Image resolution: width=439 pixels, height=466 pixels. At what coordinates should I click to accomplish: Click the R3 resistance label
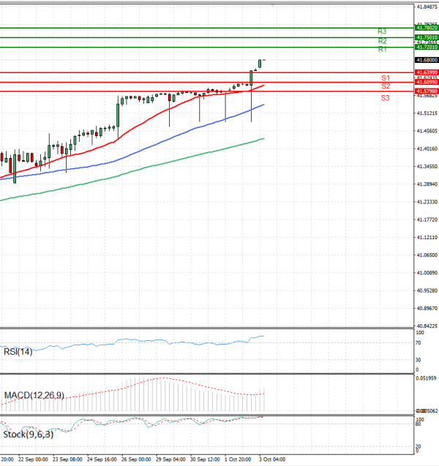pos(382,31)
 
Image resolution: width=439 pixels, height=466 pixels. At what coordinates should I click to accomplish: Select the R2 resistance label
pos(382,41)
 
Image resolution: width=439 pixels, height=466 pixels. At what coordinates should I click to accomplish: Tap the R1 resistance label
pos(382,50)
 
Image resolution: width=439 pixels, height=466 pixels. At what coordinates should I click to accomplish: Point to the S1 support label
pos(385,78)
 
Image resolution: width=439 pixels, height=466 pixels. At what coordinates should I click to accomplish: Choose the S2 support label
pos(385,86)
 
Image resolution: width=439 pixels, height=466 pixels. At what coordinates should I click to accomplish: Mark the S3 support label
pos(385,97)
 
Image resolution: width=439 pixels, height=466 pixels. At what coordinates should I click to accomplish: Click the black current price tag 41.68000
pos(426,59)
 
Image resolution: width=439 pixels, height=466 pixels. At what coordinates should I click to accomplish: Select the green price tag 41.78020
pos(426,28)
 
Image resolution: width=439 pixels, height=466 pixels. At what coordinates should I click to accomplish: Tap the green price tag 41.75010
pos(426,37)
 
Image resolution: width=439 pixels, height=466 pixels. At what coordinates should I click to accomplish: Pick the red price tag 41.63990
pos(426,72)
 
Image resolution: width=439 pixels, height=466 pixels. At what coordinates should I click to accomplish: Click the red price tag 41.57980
pos(426,91)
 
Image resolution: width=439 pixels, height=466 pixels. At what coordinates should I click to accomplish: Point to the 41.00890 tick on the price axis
pos(427,273)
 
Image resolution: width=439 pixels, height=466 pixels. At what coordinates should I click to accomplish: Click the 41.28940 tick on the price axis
pos(427,184)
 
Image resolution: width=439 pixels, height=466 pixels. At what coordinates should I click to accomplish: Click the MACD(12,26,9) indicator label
pos(34,396)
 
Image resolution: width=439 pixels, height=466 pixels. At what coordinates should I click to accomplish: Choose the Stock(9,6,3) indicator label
pos(28,435)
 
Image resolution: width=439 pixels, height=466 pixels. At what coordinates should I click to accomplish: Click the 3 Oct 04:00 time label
pos(272,459)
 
